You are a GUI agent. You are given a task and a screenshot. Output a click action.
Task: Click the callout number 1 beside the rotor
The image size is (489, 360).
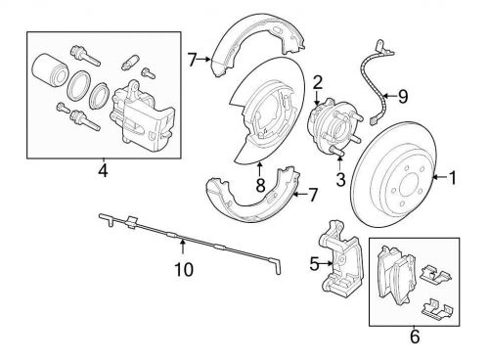[x=452, y=178]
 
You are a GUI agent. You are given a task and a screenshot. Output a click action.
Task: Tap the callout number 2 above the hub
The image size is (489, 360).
[x=318, y=82]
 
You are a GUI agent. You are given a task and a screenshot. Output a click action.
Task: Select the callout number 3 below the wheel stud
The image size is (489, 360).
[x=340, y=179]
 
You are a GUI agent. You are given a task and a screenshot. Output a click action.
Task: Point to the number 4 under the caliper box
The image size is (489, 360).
[x=103, y=170]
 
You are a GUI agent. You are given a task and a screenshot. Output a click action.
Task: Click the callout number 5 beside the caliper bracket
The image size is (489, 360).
[x=314, y=264]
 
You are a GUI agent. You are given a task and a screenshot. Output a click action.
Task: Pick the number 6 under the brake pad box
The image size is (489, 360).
[x=415, y=337]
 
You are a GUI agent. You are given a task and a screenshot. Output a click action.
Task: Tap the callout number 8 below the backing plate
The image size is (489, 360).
[x=260, y=186]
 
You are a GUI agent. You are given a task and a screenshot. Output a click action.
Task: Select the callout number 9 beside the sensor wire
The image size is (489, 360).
[x=403, y=96]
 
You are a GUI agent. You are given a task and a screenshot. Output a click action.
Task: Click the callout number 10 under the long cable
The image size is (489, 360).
[x=184, y=269]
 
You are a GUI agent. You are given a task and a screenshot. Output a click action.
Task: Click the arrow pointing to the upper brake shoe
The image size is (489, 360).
[x=204, y=59]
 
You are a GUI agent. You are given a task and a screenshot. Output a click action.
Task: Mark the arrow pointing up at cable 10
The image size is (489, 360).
[x=183, y=247]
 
